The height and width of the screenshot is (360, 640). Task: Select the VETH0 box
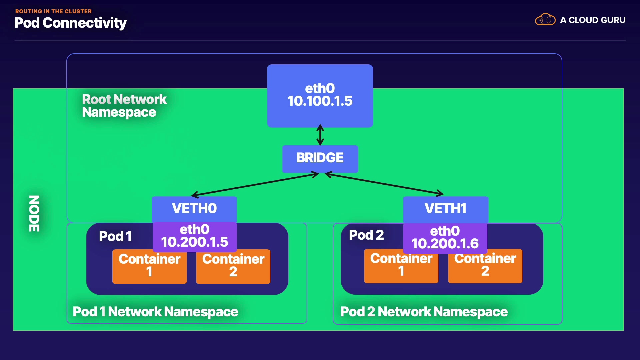(194, 209)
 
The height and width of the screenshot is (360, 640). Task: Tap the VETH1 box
(446, 209)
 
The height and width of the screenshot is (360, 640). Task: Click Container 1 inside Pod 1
(149, 266)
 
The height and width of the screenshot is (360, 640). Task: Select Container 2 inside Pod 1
(233, 266)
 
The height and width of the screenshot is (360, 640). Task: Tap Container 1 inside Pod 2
(401, 266)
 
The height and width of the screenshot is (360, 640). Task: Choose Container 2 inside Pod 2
(485, 266)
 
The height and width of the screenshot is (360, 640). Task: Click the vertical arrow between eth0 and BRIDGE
(320, 135)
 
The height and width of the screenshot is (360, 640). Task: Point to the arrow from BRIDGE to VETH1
(384, 184)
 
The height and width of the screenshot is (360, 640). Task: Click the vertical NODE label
(34, 214)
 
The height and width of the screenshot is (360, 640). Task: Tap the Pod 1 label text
(115, 236)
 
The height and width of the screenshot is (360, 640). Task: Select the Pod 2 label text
(366, 235)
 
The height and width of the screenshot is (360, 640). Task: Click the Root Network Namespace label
(124, 106)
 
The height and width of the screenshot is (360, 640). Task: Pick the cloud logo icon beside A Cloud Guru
(545, 20)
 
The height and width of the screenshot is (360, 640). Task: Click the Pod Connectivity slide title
(71, 23)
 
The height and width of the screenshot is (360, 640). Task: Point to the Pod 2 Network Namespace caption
(424, 312)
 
